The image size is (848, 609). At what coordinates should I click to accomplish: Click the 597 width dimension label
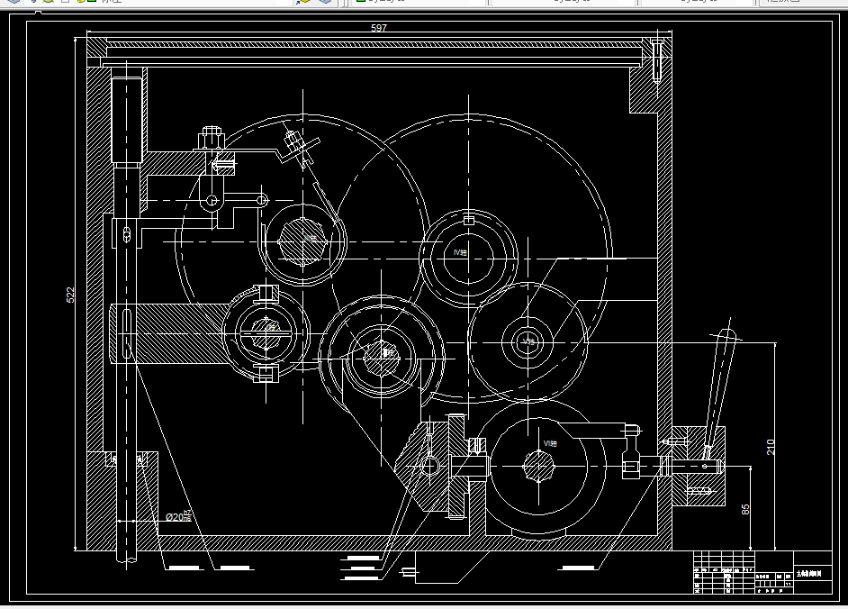point(379,29)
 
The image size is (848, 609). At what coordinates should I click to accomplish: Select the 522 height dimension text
point(70,295)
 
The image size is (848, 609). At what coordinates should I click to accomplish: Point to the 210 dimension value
point(771,447)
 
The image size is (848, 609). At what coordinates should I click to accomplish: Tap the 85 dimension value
point(745,510)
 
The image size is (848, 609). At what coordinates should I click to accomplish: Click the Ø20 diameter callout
point(177,517)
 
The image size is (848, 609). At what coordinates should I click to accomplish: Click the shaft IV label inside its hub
point(461,253)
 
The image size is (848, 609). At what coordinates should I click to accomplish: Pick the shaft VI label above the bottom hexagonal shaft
point(549,443)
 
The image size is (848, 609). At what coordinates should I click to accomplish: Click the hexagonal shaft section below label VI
point(539,466)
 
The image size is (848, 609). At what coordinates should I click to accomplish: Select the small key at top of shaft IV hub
point(468,221)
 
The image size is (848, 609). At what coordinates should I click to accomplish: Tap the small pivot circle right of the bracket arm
point(262,199)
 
